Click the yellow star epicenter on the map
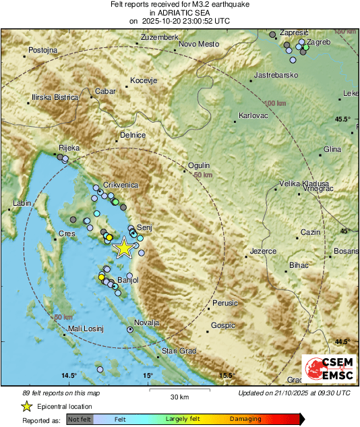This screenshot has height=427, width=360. [123, 248]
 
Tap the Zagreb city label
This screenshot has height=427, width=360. [318, 42]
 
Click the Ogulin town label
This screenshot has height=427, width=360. [200, 165]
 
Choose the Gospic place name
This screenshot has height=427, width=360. [223, 325]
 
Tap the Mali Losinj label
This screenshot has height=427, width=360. [85, 329]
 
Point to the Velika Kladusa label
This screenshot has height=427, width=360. [304, 183]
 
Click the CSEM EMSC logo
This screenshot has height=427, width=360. [326, 369]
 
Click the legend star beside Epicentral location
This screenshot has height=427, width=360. [26, 406]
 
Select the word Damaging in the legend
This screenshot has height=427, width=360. [245, 419]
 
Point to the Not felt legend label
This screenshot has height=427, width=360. [79, 419]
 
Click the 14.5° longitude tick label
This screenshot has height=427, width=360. [69, 375]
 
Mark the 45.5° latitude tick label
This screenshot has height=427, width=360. [343, 119]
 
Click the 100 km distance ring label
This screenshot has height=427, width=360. [275, 103]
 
